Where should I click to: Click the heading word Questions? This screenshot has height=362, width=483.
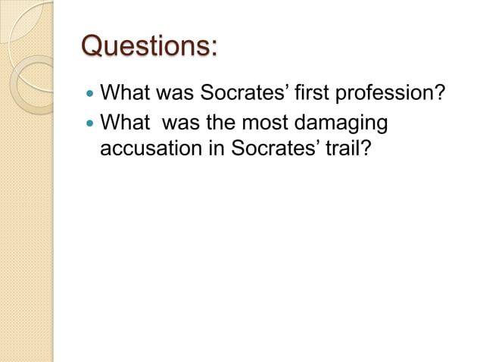148,47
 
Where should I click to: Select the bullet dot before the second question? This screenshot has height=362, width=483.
91,123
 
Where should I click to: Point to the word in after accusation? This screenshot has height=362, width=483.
217,148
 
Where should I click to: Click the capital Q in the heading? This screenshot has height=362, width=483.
93,47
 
